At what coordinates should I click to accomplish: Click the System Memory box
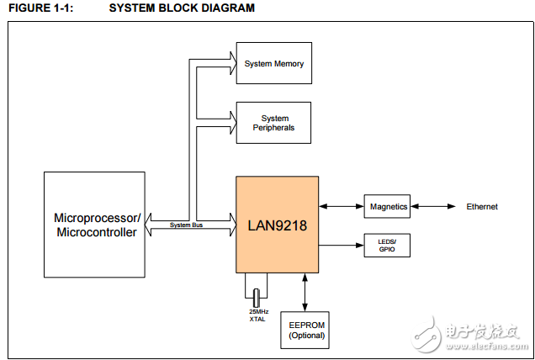[273, 63]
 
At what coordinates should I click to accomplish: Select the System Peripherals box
[273, 123]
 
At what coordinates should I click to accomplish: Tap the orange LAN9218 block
[277, 225]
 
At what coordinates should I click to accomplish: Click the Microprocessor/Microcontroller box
[94, 225]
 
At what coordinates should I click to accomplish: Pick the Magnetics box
[387, 206]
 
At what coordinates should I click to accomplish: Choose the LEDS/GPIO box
[387, 246]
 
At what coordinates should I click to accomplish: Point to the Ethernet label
[482, 206]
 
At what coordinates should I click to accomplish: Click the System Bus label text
[185, 225]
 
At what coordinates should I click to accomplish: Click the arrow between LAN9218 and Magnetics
[342, 206]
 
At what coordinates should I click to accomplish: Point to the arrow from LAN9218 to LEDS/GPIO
[342, 246]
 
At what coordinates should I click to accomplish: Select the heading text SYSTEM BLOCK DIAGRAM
[182, 8]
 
